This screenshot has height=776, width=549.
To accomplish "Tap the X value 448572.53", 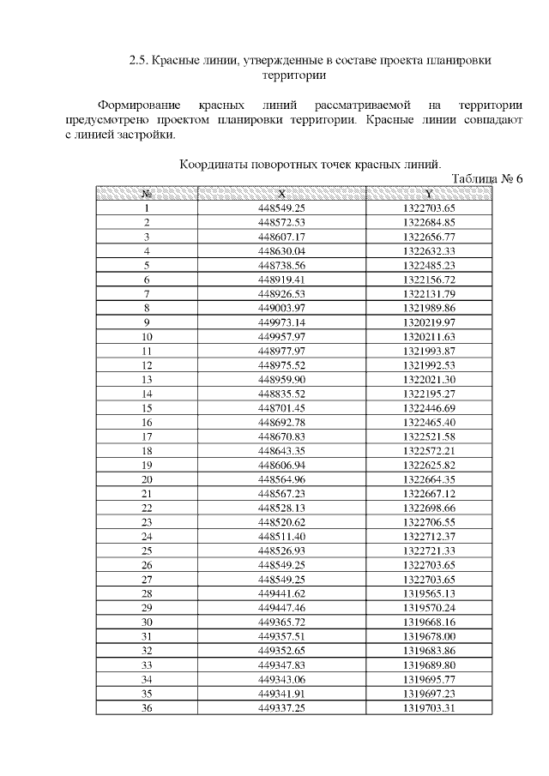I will coord(281,223).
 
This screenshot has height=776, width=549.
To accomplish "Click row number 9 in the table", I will coord(147,322).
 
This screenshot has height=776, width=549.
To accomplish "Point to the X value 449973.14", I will coord(281,322).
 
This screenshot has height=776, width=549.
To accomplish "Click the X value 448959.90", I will coord(281,379).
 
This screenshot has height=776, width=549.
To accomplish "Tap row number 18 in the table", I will coord(147,450).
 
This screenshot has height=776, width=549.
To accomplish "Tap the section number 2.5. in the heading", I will coord(139,61).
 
